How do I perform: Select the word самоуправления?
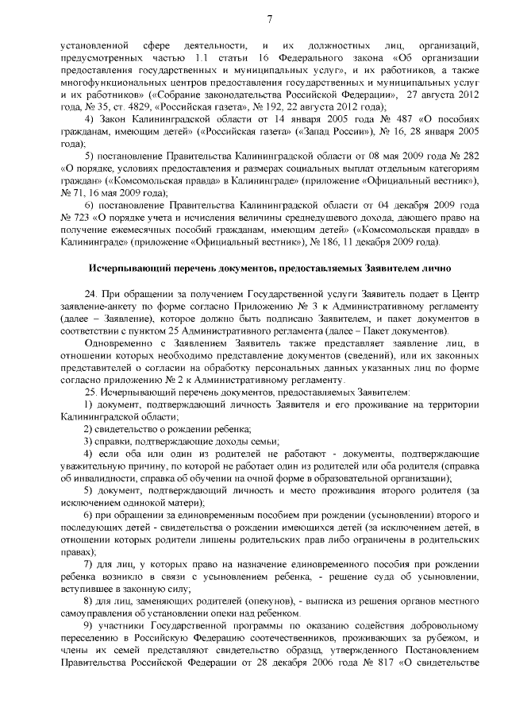pos(94,614)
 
